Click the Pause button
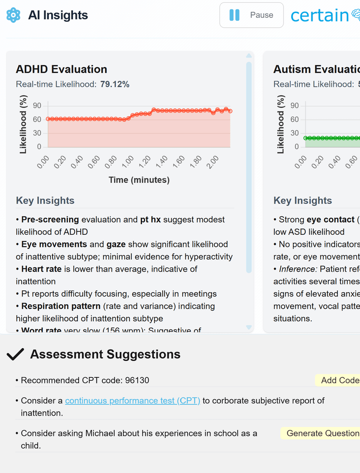click(x=251, y=15)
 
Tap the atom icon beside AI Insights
click(x=13, y=15)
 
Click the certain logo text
click(x=320, y=15)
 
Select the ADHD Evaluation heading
click(x=61, y=69)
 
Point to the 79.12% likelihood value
click(x=115, y=84)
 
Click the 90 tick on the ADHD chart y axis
click(x=37, y=106)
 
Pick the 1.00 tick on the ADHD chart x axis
click(x=128, y=162)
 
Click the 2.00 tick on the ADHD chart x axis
click(x=213, y=162)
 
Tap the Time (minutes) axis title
click(x=139, y=180)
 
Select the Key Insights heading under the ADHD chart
click(x=45, y=200)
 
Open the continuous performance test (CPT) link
click(x=133, y=400)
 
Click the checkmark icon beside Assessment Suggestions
click(x=16, y=354)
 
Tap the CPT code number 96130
click(x=137, y=380)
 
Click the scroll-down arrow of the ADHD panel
click(x=249, y=327)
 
